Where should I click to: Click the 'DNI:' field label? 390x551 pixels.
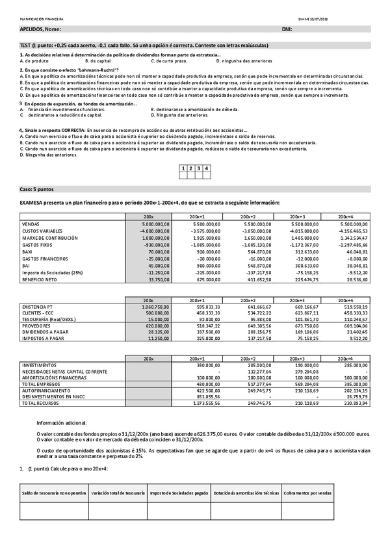click(287, 30)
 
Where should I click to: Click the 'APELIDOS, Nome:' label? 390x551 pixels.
click(41, 30)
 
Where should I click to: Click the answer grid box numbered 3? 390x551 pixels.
click(198, 168)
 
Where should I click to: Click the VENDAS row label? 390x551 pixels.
click(31, 224)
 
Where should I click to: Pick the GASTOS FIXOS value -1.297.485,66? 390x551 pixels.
click(353, 244)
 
